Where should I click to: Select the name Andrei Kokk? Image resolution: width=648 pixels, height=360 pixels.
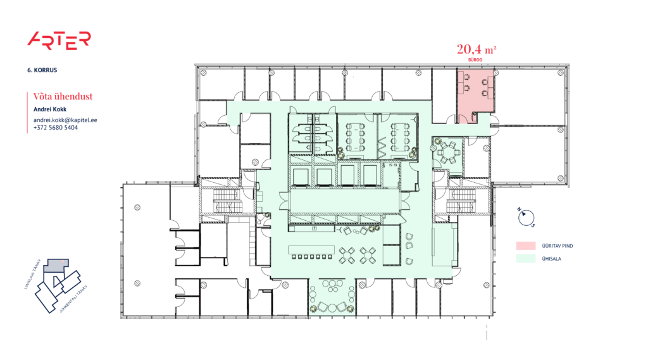click(x=49, y=109)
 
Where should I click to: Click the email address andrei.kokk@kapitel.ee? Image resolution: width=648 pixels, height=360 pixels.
click(x=65, y=120)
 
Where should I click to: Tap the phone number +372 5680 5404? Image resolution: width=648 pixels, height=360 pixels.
click(x=56, y=128)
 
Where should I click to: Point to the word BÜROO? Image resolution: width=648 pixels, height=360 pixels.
click(x=475, y=59)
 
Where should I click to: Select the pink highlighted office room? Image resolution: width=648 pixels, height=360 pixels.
click(x=475, y=92)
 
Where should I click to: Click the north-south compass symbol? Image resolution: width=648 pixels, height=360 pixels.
click(x=526, y=218)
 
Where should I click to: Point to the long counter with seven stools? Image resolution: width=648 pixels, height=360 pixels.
click(x=311, y=251)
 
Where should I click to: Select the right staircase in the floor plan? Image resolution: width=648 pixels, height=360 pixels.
click(x=461, y=202)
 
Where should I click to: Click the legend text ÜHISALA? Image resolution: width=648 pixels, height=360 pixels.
click(x=549, y=258)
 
